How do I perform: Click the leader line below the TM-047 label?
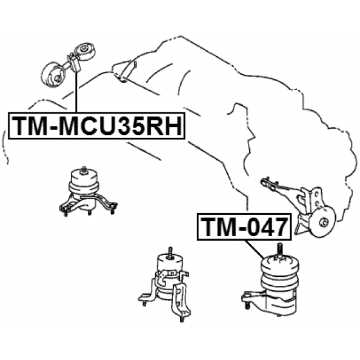pos(255,248)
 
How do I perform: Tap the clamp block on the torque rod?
pos(73,63)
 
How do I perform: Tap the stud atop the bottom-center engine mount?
pos(171,252)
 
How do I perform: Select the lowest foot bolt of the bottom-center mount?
pos(180,318)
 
